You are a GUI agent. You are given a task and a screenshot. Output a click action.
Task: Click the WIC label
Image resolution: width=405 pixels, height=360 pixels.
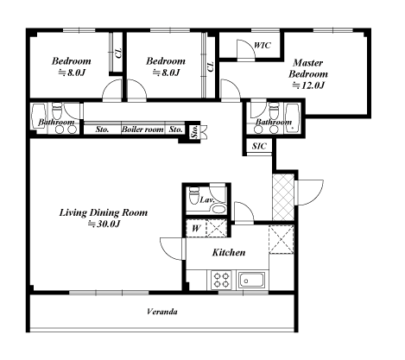click(263, 46)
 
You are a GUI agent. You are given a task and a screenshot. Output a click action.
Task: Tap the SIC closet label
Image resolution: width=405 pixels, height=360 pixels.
click(259, 146)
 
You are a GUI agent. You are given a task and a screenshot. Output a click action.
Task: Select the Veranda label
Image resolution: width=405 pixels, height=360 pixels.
click(162, 312)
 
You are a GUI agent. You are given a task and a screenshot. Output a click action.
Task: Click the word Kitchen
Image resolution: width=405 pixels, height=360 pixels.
click(229, 253)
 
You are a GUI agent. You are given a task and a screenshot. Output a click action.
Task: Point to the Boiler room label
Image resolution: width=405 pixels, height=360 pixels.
click(142, 129)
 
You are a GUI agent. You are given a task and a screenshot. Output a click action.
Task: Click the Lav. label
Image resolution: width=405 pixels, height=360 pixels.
click(206, 199)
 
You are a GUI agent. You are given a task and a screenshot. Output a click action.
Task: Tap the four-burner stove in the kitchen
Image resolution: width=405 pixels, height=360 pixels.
click(221, 281)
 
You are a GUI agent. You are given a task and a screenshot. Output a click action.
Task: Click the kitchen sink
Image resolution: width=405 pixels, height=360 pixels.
click(251, 280)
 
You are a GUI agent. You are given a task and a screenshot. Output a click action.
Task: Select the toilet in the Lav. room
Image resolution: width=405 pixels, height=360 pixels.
click(193, 195)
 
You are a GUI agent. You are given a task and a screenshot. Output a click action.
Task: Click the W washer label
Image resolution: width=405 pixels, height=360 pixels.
click(196, 229)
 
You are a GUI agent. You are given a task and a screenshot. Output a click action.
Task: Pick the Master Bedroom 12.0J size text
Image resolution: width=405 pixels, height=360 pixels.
click(308, 85)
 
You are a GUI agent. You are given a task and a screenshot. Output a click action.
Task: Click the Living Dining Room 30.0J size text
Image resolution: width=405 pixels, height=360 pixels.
click(104, 224)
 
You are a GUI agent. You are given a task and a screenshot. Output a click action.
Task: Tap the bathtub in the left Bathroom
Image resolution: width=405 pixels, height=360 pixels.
click(39, 117)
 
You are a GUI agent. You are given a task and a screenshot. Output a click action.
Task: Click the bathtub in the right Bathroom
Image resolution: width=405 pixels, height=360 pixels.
click(293, 117)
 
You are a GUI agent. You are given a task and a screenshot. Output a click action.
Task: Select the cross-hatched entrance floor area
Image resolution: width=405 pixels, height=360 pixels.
click(283, 197)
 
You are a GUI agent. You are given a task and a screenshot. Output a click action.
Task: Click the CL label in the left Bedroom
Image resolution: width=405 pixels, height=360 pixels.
click(118, 53)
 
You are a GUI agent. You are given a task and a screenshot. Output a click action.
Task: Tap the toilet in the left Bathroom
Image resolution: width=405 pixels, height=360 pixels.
click(57, 111)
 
